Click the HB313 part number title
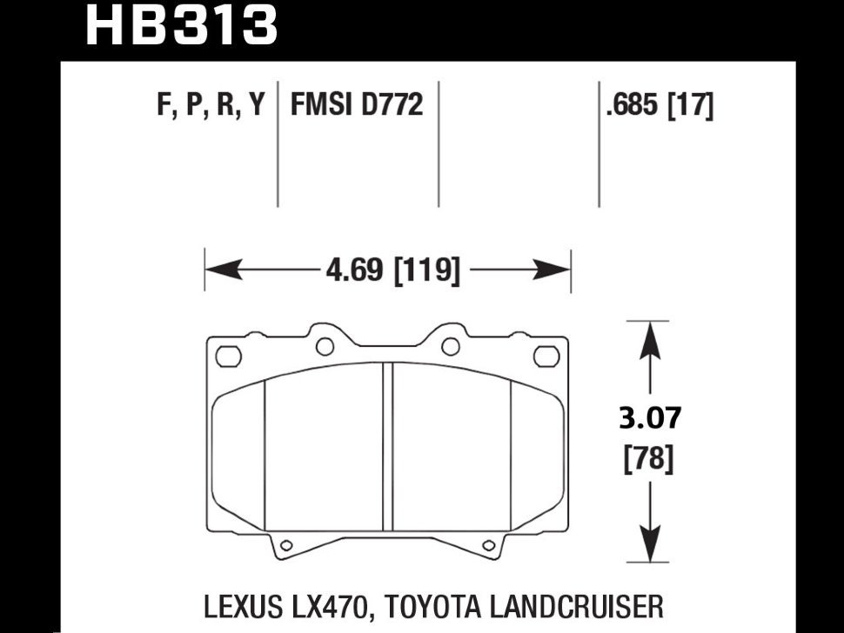pyautogui.click(x=180, y=26)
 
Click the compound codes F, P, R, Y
pyautogui.click(x=209, y=106)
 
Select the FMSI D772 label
pyautogui.click(x=356, y=106)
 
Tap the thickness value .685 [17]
pyautogui.click(x=659, y=106)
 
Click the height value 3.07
pyautogui.click(x=649, y=419)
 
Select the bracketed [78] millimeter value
pyautogui.click(x=649, y=458)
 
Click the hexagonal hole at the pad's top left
pyautogui.click(x=228, y=356)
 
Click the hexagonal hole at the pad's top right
pyautogui.click(x=546, y=356)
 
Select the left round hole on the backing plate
pyautogui.click(x=325, y=347)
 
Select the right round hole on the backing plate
pyautogui.click(x=450, y=347)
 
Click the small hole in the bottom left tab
pyautogui.click(x=284, y=545)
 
